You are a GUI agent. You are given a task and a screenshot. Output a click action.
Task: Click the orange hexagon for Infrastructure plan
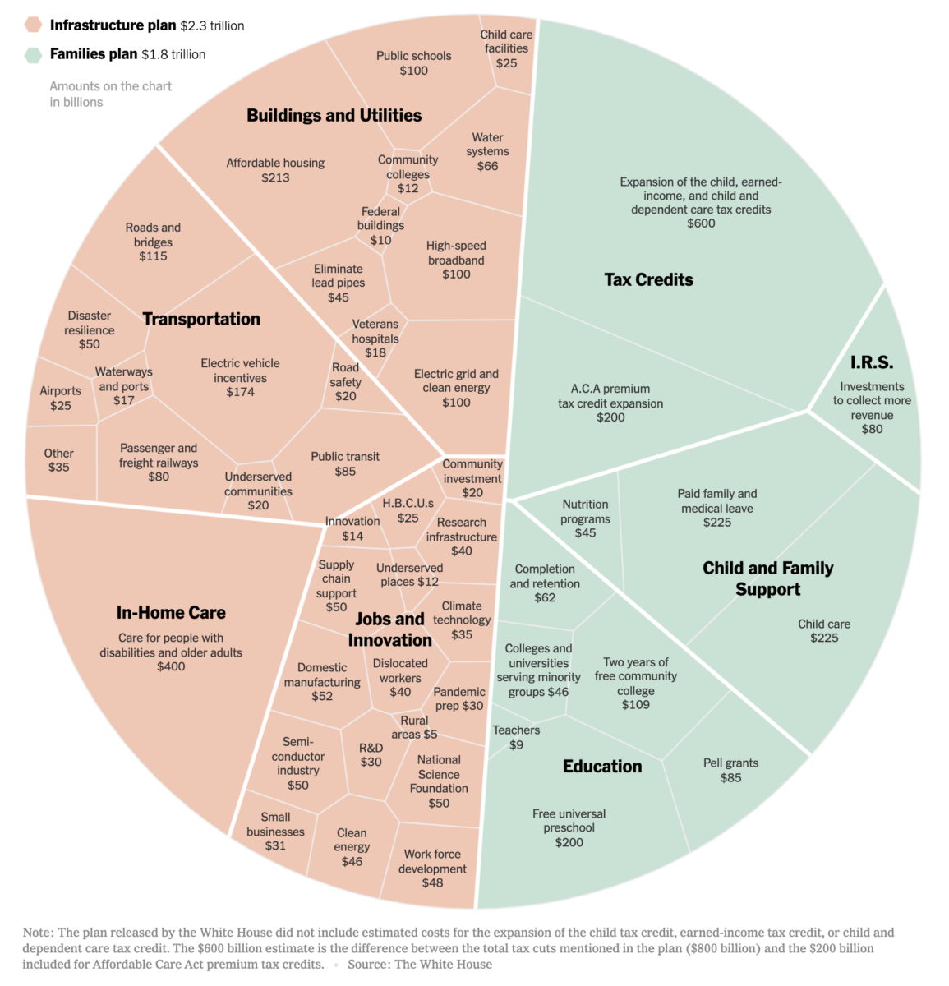click(x=33, y=25)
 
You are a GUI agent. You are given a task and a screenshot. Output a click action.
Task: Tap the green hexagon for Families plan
click(x=33, y=55)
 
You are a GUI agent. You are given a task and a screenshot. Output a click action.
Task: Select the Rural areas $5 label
click(x=414, y=727)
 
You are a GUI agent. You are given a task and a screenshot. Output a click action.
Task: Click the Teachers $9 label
click(x=516, y=737)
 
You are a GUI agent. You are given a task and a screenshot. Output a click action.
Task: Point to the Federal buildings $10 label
click(x=380, y=225)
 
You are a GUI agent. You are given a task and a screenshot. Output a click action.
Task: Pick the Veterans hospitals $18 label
click(x=375, y=339)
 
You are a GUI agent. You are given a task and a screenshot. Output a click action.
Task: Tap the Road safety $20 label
click(x=345, y=382)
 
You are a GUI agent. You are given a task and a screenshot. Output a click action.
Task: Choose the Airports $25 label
click(x=61, y=399)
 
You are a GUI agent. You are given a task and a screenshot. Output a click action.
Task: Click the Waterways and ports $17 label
click(x=124, y=386)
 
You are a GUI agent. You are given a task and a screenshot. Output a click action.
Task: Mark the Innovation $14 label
click(x=352, y=528)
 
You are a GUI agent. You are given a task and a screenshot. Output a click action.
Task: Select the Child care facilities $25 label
click(x=506, y=48)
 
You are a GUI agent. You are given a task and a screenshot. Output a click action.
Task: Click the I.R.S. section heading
click(x=872, y=362)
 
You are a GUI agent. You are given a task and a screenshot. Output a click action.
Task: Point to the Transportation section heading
click(x=201, y=319)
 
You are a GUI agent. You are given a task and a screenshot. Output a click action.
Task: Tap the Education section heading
click(x=602, y=767)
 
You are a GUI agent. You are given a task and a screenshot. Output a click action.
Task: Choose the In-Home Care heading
click(x=171, y=613)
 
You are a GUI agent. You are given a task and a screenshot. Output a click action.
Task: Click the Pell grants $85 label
click(x=730, y=770)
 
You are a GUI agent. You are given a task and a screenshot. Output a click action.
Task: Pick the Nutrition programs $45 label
click(x=585, y=518)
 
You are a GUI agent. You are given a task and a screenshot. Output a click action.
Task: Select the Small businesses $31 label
click(x=275, y=831)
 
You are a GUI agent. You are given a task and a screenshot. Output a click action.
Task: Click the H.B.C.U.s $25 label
click(x=408, y=510)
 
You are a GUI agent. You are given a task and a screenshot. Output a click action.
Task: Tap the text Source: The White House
click(x=420, y=964)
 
